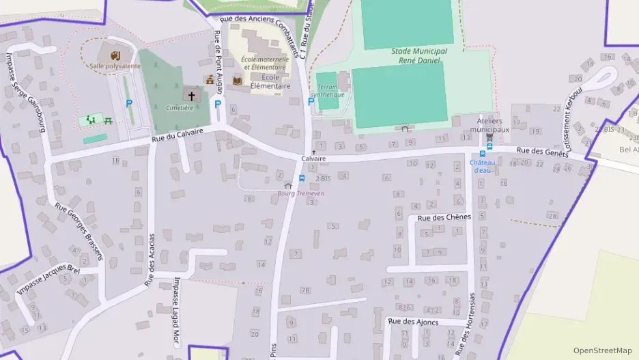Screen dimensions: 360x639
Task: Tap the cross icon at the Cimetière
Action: pos(192,96)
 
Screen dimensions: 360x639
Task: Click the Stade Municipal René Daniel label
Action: pos(419,55)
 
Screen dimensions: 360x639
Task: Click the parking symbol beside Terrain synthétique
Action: pos(311,101)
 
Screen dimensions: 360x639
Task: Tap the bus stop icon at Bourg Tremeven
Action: pos(302,178)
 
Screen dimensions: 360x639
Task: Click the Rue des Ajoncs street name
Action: pos(412,321)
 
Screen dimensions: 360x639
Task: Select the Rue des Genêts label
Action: pos(542,152)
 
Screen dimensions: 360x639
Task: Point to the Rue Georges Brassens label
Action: pos(78,232)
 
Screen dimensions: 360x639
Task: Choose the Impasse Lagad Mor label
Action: pos(176,311)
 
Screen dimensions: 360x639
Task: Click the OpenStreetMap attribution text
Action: pos(602,350)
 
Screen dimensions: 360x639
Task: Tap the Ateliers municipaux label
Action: pos(493,125)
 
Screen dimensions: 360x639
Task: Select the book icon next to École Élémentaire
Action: pos(238,81)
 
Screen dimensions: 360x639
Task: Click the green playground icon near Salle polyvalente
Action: pos(91,120)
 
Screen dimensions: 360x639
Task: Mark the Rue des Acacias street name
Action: pos(151,260)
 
